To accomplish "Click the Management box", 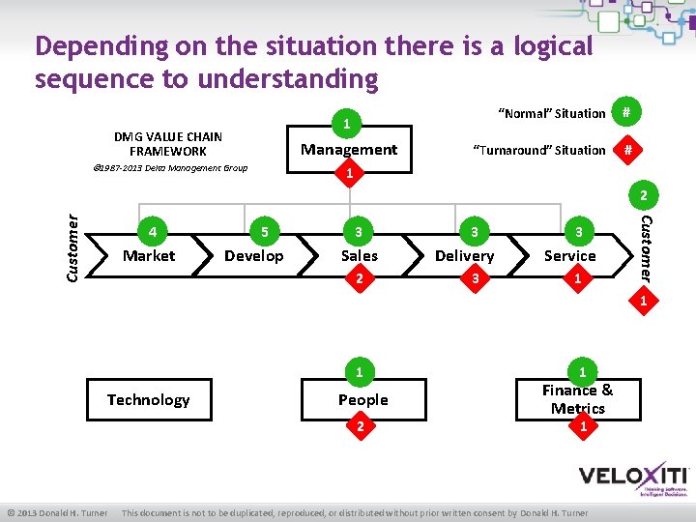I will (x=349, y=149).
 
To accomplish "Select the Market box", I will (x=149, y=255).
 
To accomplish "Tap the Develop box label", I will (x=253, y=255).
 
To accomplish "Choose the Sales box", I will (x=359, y=255).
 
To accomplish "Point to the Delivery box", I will (x=464, y=255).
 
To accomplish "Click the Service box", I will (x=569, y=255).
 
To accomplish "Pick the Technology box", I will (x=148, y=399).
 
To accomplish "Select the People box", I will (x=362, y=399).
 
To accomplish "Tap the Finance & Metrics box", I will (x=577, y=399).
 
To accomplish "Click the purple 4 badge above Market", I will (x=151, y=232).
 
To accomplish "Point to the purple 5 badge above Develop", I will (x=265, y=232).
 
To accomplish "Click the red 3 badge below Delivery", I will (x=473, y=279).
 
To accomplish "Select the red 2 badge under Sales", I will (x=359, y=279).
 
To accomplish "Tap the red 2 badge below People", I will (x=359, y=425).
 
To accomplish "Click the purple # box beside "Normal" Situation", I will (x=627, y=113).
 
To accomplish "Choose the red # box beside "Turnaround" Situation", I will (x=627, y=150).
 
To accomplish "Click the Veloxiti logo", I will (x=633, y=478).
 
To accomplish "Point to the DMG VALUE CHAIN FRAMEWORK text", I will (x=168, y=144).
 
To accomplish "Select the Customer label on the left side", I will (x=72, y=248).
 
